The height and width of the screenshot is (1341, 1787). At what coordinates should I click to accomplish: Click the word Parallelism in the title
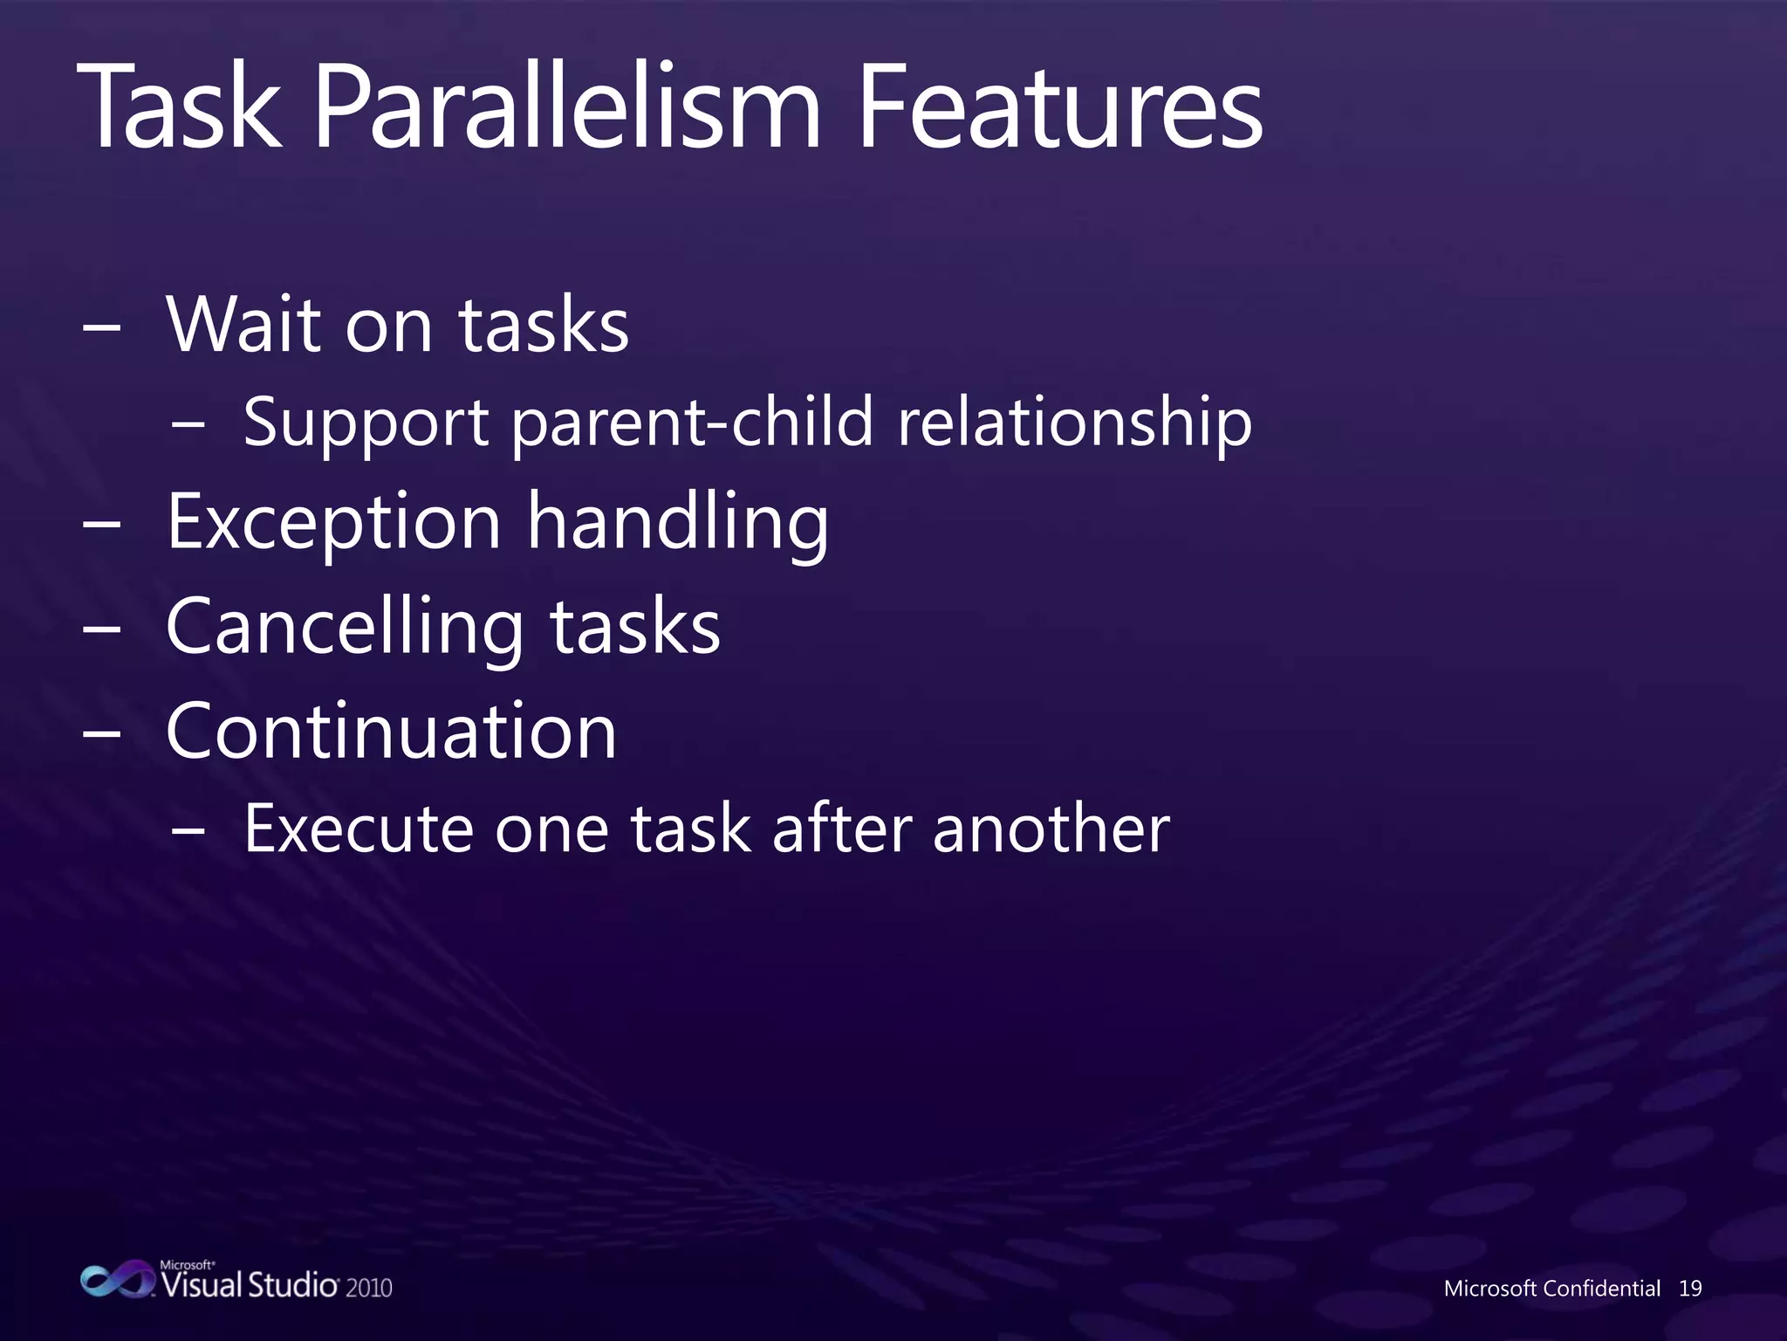coord(567,109)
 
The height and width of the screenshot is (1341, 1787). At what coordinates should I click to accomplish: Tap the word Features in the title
coord(1059,109)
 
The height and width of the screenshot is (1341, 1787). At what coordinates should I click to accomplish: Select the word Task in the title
coord(179,109)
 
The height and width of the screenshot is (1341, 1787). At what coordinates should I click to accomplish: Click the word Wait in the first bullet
coord(243,325)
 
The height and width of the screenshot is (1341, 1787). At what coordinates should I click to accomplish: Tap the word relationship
coord(1074,423)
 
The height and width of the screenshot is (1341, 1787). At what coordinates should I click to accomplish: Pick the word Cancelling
coord(346,628)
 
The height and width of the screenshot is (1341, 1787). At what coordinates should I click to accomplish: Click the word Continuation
coord(392,732)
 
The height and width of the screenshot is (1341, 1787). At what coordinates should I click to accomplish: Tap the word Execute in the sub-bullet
coord(359,829)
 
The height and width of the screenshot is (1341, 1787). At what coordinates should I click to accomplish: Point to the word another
coord(1051,829)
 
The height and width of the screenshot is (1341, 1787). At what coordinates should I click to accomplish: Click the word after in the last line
coord(841,829)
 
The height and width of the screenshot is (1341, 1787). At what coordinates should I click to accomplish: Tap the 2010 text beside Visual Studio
coord(368,1288)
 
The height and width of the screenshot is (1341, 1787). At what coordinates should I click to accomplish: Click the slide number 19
coord(1690,1289)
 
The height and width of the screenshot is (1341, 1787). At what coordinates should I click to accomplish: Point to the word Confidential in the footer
coord(1600,1289)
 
